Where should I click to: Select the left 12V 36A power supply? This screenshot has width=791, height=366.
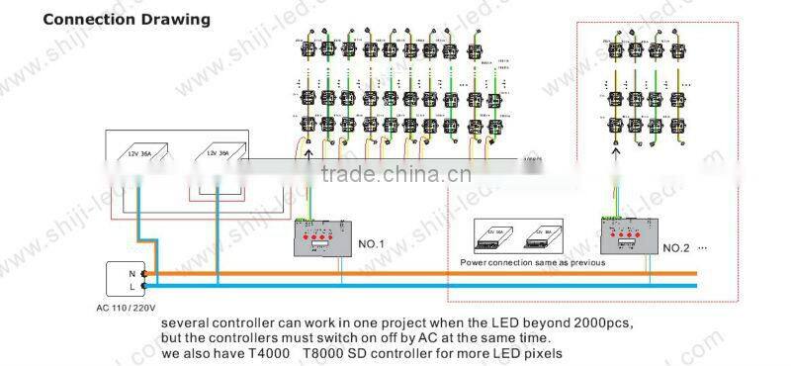point(144,155)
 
